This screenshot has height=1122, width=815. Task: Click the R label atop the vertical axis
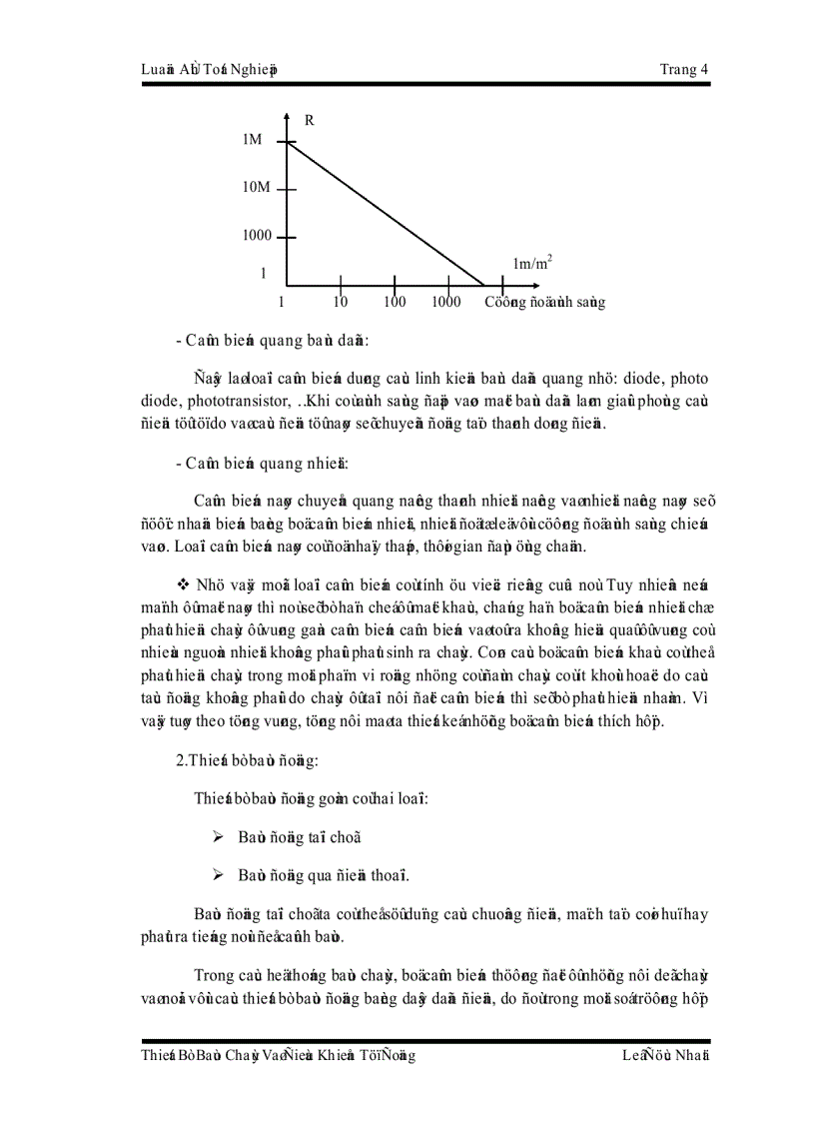pos(310,120)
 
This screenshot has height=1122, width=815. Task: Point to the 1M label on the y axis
pos(252,140)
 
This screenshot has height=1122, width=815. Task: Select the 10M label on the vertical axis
pos(256,188)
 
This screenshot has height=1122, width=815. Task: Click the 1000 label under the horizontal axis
pos(445,302)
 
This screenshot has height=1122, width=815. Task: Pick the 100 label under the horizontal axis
pos(395,302)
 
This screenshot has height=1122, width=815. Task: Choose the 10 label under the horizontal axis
pos(341,302)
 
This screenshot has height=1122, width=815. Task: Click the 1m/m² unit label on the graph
pos(532,263)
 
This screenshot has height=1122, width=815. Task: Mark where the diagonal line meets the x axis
pos(484,285)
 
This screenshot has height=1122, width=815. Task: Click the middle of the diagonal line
pos(386,214)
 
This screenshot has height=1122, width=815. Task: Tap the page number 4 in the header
pos(705,69)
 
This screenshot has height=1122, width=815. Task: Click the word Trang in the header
pos(679,69)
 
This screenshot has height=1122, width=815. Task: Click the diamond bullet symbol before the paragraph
pos(183,582)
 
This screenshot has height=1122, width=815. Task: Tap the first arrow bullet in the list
pos(218,837)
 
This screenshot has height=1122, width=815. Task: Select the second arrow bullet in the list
pos(218,875)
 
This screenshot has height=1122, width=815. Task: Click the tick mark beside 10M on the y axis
pos(287,189)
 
